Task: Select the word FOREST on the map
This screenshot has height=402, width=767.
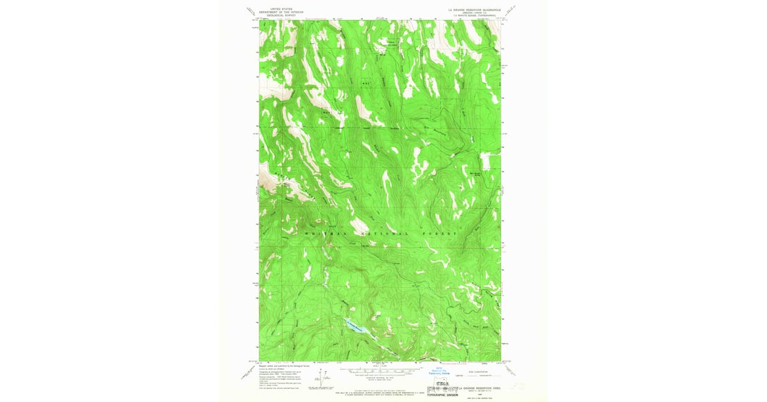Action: (x=440, y=234)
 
